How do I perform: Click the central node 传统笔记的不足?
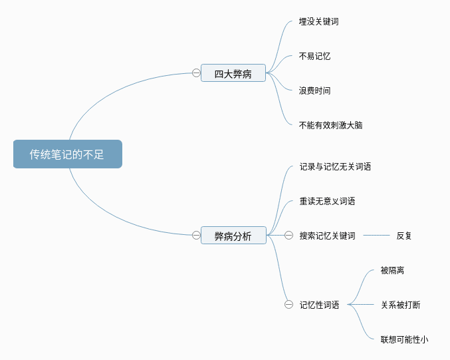point(68,154)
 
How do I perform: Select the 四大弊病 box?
point(233,73)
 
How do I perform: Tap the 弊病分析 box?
point(233,236)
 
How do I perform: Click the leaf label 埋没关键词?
point(318,21)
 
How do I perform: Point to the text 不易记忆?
point(314,56)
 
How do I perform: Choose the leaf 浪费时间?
point(314,90)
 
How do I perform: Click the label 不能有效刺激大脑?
point(330,125)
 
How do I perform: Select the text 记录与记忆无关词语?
point(335,166)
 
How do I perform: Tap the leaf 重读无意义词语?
point(327,201)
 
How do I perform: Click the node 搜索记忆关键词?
point(327,236)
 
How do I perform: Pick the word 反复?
point(404,236)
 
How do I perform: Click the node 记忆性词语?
point(319,305)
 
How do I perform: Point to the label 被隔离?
point(392,270)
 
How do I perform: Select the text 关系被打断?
point(400,305)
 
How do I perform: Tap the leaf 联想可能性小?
point(404,339)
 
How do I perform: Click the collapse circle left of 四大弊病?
point(196,73)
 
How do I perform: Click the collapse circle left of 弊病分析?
point(196,236)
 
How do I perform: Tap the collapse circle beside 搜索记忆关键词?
point(288,236)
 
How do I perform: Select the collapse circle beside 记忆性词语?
point(288,305)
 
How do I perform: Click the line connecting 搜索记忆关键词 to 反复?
point(376,236)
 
